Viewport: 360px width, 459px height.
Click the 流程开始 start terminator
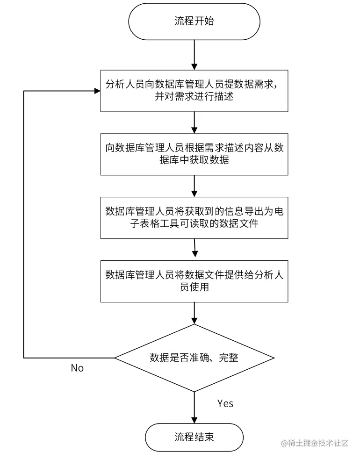click(x=194, y=22)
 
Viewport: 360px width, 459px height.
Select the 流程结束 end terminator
click(x=194, y=437)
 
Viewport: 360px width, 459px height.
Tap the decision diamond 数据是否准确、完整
click(x=194, y=358)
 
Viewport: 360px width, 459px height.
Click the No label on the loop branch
click(x=77, y=368)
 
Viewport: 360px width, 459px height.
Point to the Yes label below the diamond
click(x=225, y=403)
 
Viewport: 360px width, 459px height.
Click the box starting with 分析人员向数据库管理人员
click(x=194, y=91)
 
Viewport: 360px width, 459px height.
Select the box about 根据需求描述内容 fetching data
click(x=194, y=154)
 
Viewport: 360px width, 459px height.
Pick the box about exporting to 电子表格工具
click(x=194, y=218)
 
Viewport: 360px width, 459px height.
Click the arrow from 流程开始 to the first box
click(x=194, y=55)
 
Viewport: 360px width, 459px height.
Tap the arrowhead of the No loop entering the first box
click(x=97, y=91)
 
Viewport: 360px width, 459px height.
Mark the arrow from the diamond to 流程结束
click(x=194, y=407)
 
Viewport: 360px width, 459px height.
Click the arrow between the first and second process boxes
click(x=194, y=122)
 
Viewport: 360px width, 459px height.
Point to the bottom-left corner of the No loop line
click(x=24, y=358)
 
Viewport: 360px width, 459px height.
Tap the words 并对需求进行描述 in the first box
click(x=194, y=97)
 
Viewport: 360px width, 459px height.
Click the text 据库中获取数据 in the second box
click(x=194, y=160)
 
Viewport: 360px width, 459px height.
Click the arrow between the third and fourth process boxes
click(x=194, y=249)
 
